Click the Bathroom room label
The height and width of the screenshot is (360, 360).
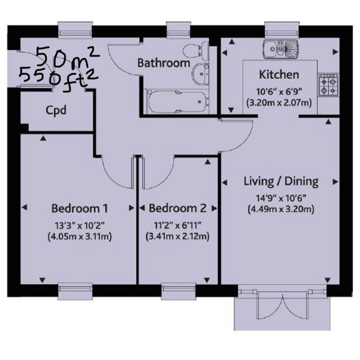point(164,63)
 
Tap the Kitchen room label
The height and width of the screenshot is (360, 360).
point(279,75)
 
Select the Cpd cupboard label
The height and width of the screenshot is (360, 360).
point(56,110)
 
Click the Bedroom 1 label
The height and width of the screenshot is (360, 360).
point(80,208)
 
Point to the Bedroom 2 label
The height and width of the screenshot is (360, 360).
point(178,208)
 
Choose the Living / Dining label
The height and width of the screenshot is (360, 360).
point(281,181)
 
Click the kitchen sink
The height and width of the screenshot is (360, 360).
point(281,49)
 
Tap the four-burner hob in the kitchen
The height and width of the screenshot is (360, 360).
point(328,85)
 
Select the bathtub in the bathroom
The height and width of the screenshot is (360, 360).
point(178,102)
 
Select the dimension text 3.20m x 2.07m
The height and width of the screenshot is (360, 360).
point(279,102)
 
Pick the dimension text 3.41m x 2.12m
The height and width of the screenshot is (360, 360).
point(178,236)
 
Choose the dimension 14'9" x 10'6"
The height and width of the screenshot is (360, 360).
point(281,198)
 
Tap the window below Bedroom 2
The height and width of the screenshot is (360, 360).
point(179,291)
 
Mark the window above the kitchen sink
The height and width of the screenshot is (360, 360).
point(282,30)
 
